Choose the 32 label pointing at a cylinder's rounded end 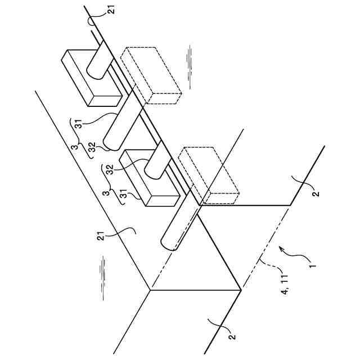pos(92,147)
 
